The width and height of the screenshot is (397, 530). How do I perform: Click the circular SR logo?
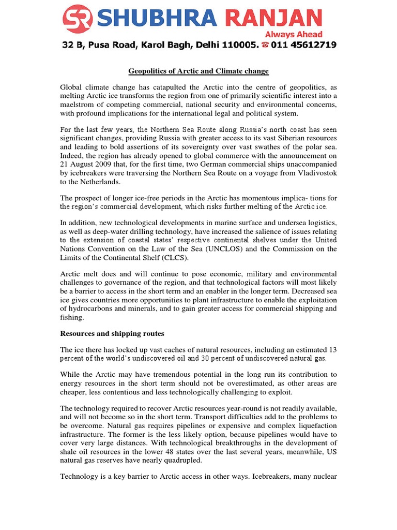click(x=77, y=19)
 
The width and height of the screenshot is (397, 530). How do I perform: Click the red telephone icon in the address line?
click(x=266, y=46)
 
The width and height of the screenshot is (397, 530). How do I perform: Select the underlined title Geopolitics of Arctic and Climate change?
click(x=198, y=71)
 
